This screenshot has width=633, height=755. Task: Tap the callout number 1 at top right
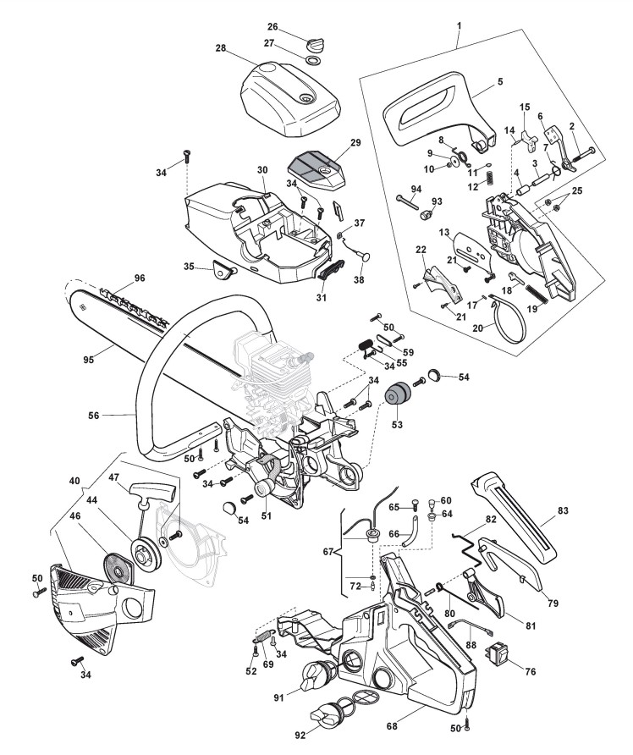(458, 25)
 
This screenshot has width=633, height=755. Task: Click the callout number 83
(563, 510)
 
